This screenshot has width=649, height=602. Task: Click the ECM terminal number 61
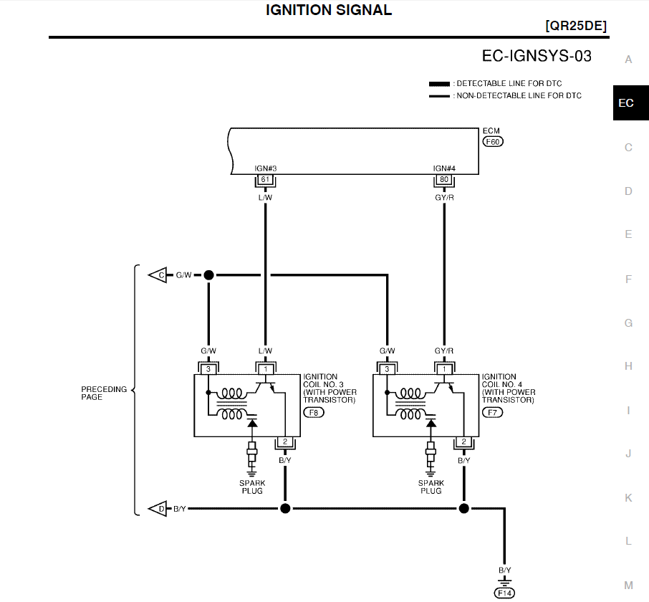[265, 179]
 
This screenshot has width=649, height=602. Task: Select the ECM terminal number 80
[444, 179]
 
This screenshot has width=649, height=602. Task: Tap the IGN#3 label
[265, 169]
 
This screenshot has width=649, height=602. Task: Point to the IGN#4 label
[444, 169]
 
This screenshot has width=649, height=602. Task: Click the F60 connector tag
[493, 142]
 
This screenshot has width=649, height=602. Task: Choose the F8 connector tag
[314, 413]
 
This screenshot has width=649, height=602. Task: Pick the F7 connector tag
[492, 413]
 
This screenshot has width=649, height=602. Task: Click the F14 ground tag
[504, 593]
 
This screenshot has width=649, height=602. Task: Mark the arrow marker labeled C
[158, 274]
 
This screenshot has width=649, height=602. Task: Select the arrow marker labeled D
[158, 509]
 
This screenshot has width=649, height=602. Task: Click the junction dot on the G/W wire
[208, 274]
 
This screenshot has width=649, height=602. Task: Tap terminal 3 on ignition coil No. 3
[208, 369]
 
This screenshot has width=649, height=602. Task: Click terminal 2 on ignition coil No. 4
[463, 441]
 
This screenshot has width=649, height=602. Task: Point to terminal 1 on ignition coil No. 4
[444, 369]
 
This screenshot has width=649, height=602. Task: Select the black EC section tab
[625, 103]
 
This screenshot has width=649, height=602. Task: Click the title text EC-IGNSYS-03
[537, 55]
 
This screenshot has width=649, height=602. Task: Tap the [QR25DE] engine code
[575, 26]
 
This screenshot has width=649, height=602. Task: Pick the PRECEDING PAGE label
[104, 393]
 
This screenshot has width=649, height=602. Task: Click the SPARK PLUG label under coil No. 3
[251, 487]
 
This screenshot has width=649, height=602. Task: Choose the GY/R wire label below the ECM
[444, 196]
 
